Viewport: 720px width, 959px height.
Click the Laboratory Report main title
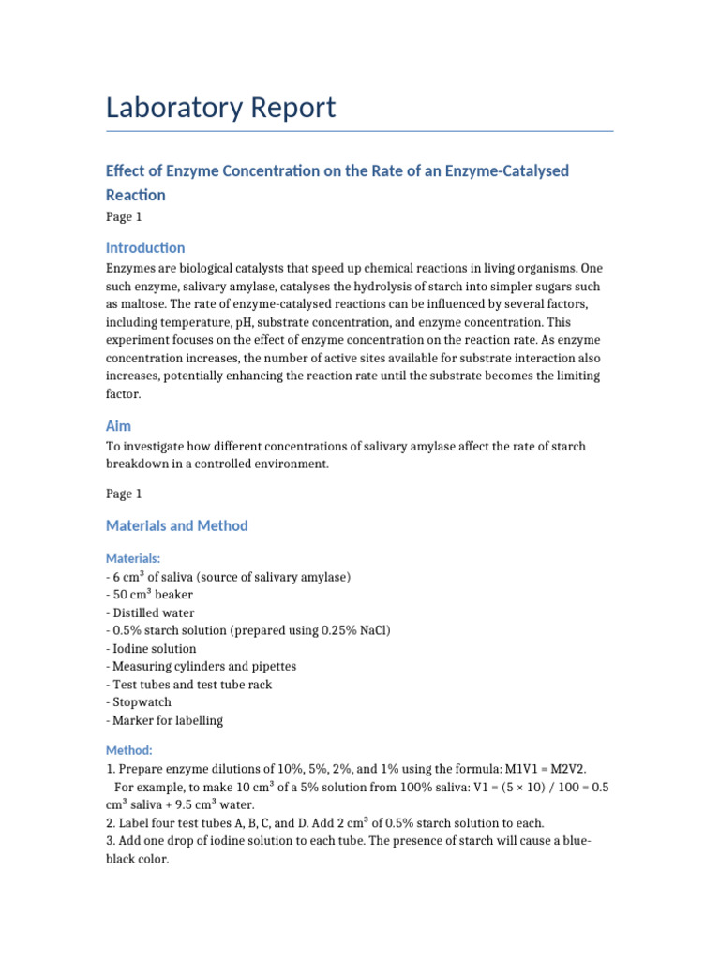[x=220, y=108]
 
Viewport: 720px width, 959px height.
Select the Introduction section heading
[x=145, y=248]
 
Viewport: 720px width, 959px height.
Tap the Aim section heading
[x=118, y=425]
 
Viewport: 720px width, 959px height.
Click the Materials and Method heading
[x=177, y=525]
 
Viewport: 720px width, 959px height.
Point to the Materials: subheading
[x=133, y=558]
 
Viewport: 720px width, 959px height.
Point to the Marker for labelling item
[x=167, y=720]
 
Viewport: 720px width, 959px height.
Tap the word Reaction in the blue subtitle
[x=136, y=195]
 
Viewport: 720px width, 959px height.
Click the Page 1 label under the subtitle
[x=124, y=217]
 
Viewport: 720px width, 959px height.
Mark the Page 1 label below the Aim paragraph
[x=124, y=493]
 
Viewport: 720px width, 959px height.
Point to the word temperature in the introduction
[x=204, y=322]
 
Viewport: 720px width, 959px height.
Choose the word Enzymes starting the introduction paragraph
[x=132, y=269]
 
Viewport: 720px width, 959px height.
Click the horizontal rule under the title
[x=359, y=131]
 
